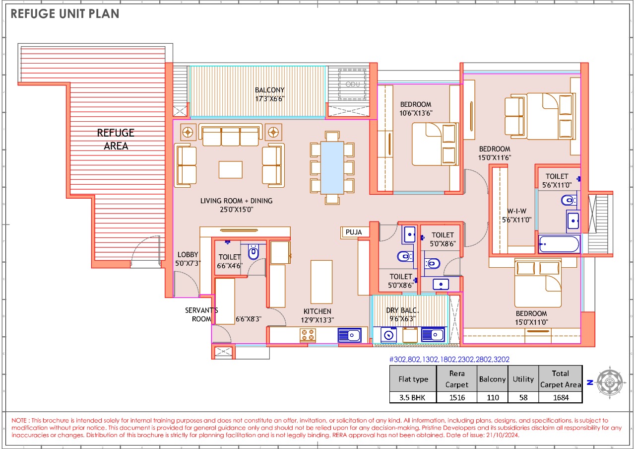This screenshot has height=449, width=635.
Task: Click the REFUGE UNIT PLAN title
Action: click(65, 14)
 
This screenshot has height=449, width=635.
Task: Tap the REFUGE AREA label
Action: click(116, 139)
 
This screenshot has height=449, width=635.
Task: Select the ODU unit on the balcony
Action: click(352, 84)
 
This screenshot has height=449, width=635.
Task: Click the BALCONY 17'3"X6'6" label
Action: click(270, 94)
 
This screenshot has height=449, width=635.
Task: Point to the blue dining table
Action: click(332, 167)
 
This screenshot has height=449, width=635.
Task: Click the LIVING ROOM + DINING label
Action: click(236, 205)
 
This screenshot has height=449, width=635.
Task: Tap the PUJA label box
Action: click(354, 232)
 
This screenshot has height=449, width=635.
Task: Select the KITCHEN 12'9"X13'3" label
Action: click(317, 315)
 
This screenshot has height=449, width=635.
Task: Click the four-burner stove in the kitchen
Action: click(308, 335)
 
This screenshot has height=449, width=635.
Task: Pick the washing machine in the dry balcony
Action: click(388, 335)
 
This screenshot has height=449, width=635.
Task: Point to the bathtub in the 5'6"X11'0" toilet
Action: click(559, 244)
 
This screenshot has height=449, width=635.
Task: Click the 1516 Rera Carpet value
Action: click(456, 397)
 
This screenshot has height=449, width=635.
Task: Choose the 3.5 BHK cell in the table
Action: click(413, 397)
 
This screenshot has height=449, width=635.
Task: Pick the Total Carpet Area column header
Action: click(560, 379)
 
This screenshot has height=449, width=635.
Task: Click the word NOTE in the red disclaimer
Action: click(20, 421)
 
